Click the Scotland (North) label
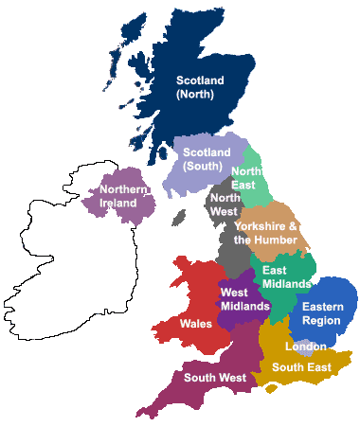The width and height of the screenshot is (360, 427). coord(200,88)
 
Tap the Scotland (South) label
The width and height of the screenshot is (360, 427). coord(207,159)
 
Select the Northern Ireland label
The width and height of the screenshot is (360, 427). coord(124,197)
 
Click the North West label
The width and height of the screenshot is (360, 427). coord(225,205)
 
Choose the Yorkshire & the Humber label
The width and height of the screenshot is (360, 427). coord(266,233)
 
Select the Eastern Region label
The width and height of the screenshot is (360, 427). coord(321,313)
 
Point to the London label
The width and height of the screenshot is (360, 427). coord(305,347)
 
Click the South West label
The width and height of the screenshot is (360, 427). coord(215,377)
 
